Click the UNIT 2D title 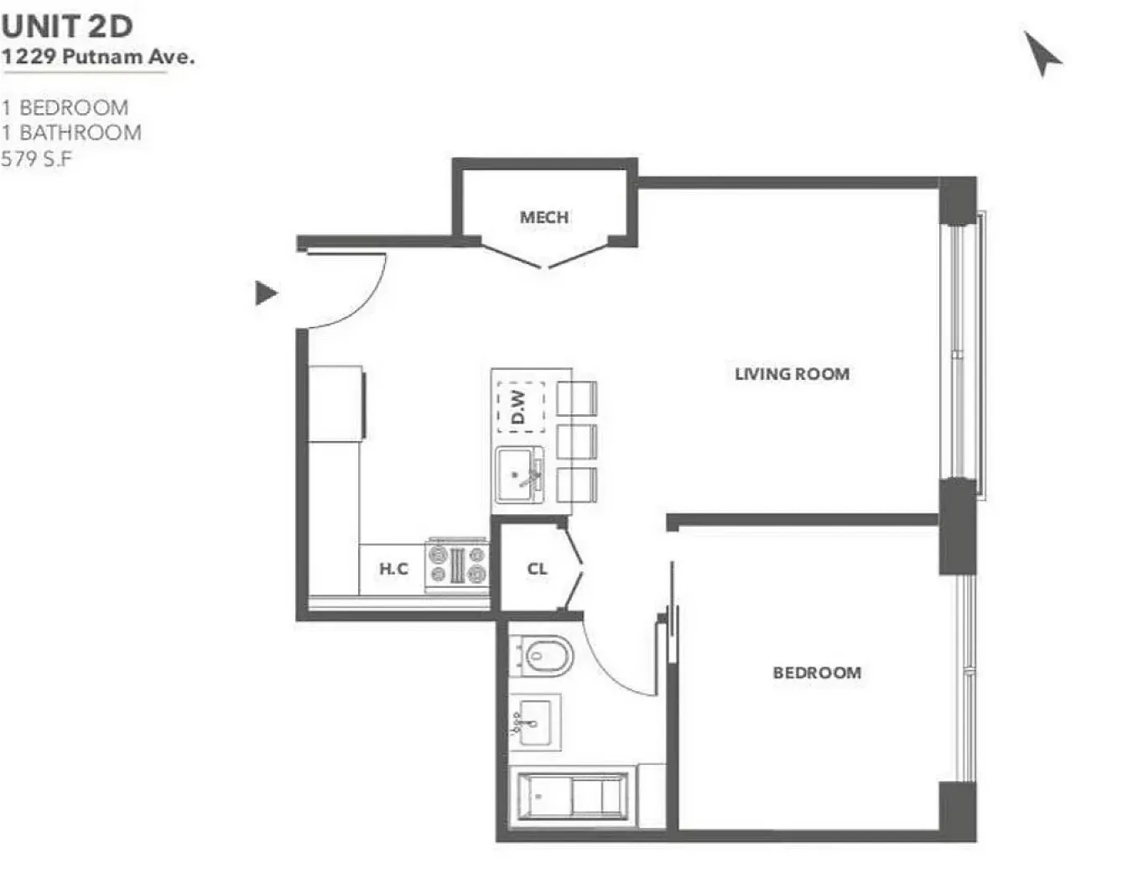[67, 26]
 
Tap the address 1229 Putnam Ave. [97, 57]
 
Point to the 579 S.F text [37, 159]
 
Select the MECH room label [544, 217]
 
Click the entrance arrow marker [265, 293]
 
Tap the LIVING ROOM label [792, 374]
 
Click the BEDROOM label [817, 673]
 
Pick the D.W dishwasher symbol [521, 407]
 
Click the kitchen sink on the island [520, 475]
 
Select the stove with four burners [457, 564]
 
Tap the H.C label [393, 569]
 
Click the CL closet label [538, 569]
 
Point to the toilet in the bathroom [543, 656]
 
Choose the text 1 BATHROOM [71, 133]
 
